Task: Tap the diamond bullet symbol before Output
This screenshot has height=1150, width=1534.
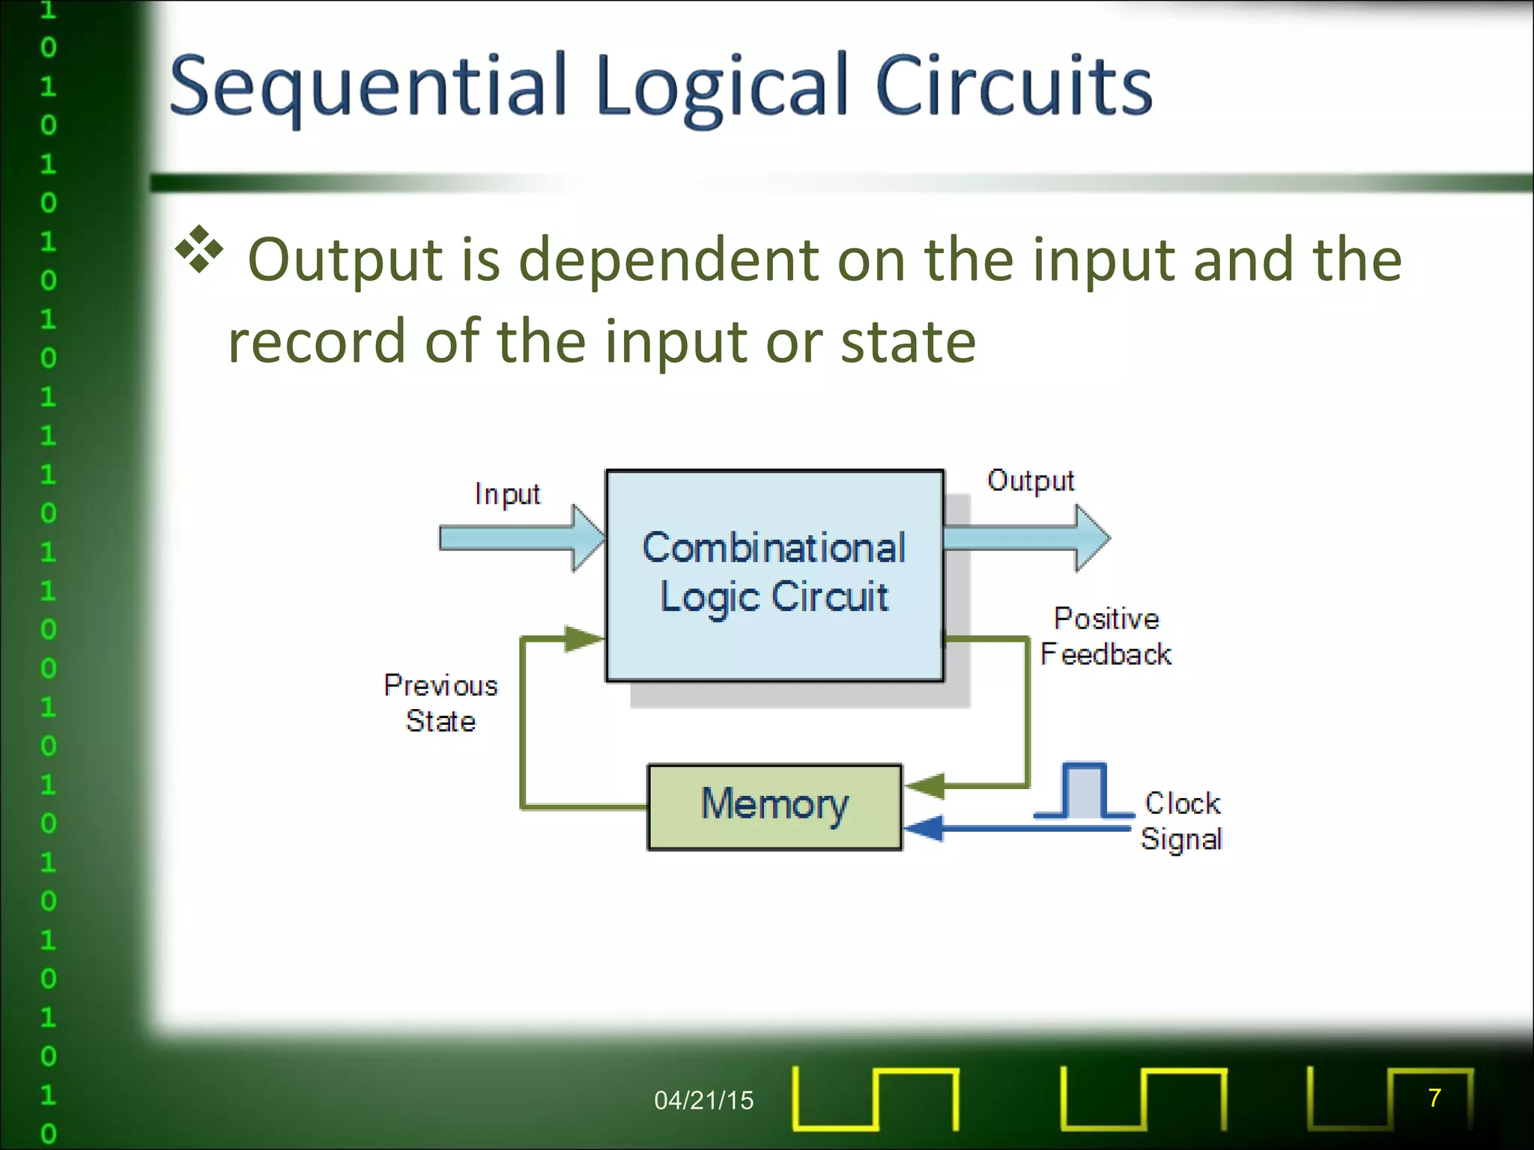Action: coord(199,249)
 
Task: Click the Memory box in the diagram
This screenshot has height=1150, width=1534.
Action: coord(774,806)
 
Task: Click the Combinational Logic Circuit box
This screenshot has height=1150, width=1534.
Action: coord(774,574)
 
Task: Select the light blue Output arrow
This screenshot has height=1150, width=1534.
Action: coord(1026,538)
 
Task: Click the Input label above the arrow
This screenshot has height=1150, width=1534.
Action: coord(507,494)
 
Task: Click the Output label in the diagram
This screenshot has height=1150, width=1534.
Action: coord(1031,481)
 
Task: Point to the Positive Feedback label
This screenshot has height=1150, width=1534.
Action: coord(1106,636)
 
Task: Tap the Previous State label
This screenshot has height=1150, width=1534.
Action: coord(440,703)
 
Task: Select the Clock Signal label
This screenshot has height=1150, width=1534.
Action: coord(1181,821)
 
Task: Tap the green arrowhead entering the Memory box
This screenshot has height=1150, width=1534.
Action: coord(926,786)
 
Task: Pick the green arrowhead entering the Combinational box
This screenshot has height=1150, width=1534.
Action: coord(583,639)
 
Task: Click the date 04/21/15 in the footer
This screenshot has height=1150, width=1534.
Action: coord(703,1100)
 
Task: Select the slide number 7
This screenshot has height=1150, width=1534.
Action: coord(1434,1098)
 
